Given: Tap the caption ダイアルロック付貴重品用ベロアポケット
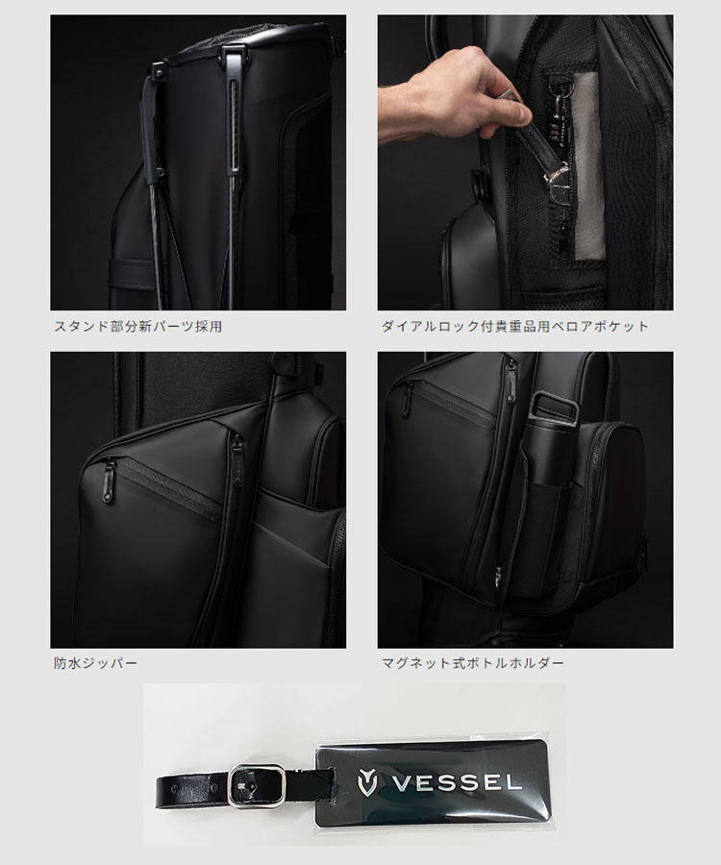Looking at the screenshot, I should click(x=513, y=327).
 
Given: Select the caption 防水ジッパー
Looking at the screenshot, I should click(x=96, y=663).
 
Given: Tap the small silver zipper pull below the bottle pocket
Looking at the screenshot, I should click(x=497, y=575).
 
